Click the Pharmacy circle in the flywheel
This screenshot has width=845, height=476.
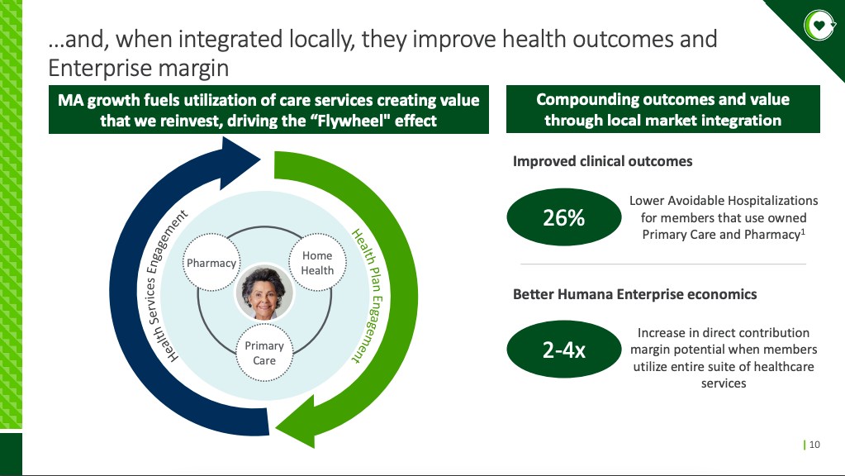(x=211, y=263)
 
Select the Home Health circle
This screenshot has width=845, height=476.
(x=317, y=263)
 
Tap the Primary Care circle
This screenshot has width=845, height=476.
(x=264, y=353)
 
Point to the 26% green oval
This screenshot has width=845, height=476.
(x=563, y=218)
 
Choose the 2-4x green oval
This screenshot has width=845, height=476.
(x=563, y=350)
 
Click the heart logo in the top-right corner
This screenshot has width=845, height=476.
(x=819, y=26)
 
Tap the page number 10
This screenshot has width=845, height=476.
(x=814, y=445)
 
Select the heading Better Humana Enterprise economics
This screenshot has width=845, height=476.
(x=634, y=294)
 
